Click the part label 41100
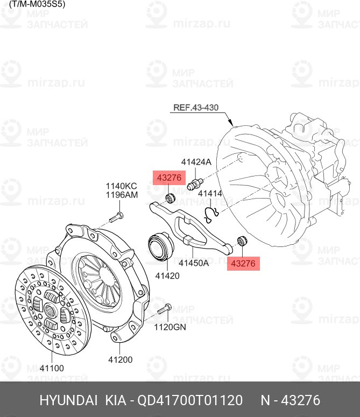click(51, 368)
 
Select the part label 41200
click(121, 359)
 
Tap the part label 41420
click(167, 275)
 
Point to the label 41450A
click(194, 263)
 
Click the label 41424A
click(196, 161)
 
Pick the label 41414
click(210, 193)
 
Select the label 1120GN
click(170, 327)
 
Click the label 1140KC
click(121, 186)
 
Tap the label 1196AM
click(121, 195)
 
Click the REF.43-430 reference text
click(196, 108)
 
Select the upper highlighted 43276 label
click(170, 178)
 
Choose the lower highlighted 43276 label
click(243, 263)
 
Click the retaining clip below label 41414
click(211, 214)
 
